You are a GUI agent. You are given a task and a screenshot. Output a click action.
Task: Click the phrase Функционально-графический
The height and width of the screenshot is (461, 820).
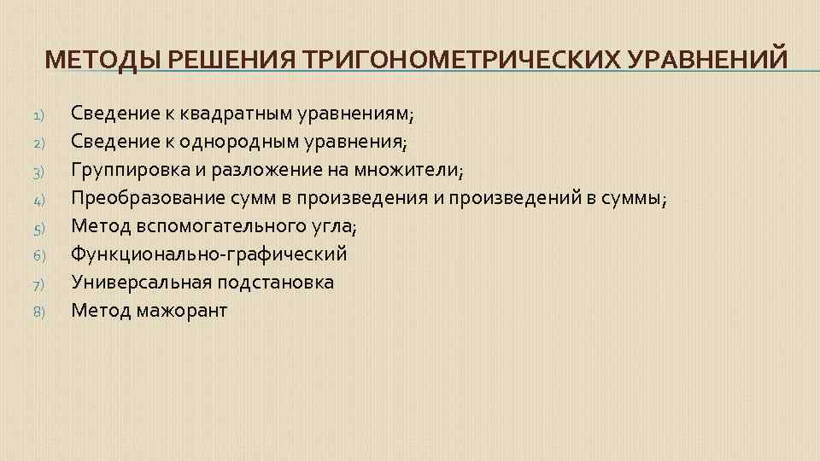(209, 254)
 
